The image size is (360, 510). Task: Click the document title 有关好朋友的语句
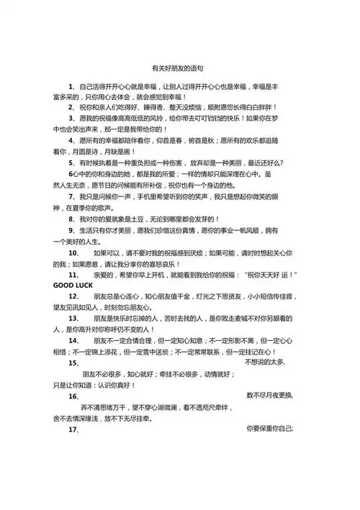(x=180, y=69)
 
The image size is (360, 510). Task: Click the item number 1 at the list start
(x=71, y=86)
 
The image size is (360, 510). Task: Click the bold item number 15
(x=73, y=363)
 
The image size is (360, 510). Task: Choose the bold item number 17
(x=73, y=429)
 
